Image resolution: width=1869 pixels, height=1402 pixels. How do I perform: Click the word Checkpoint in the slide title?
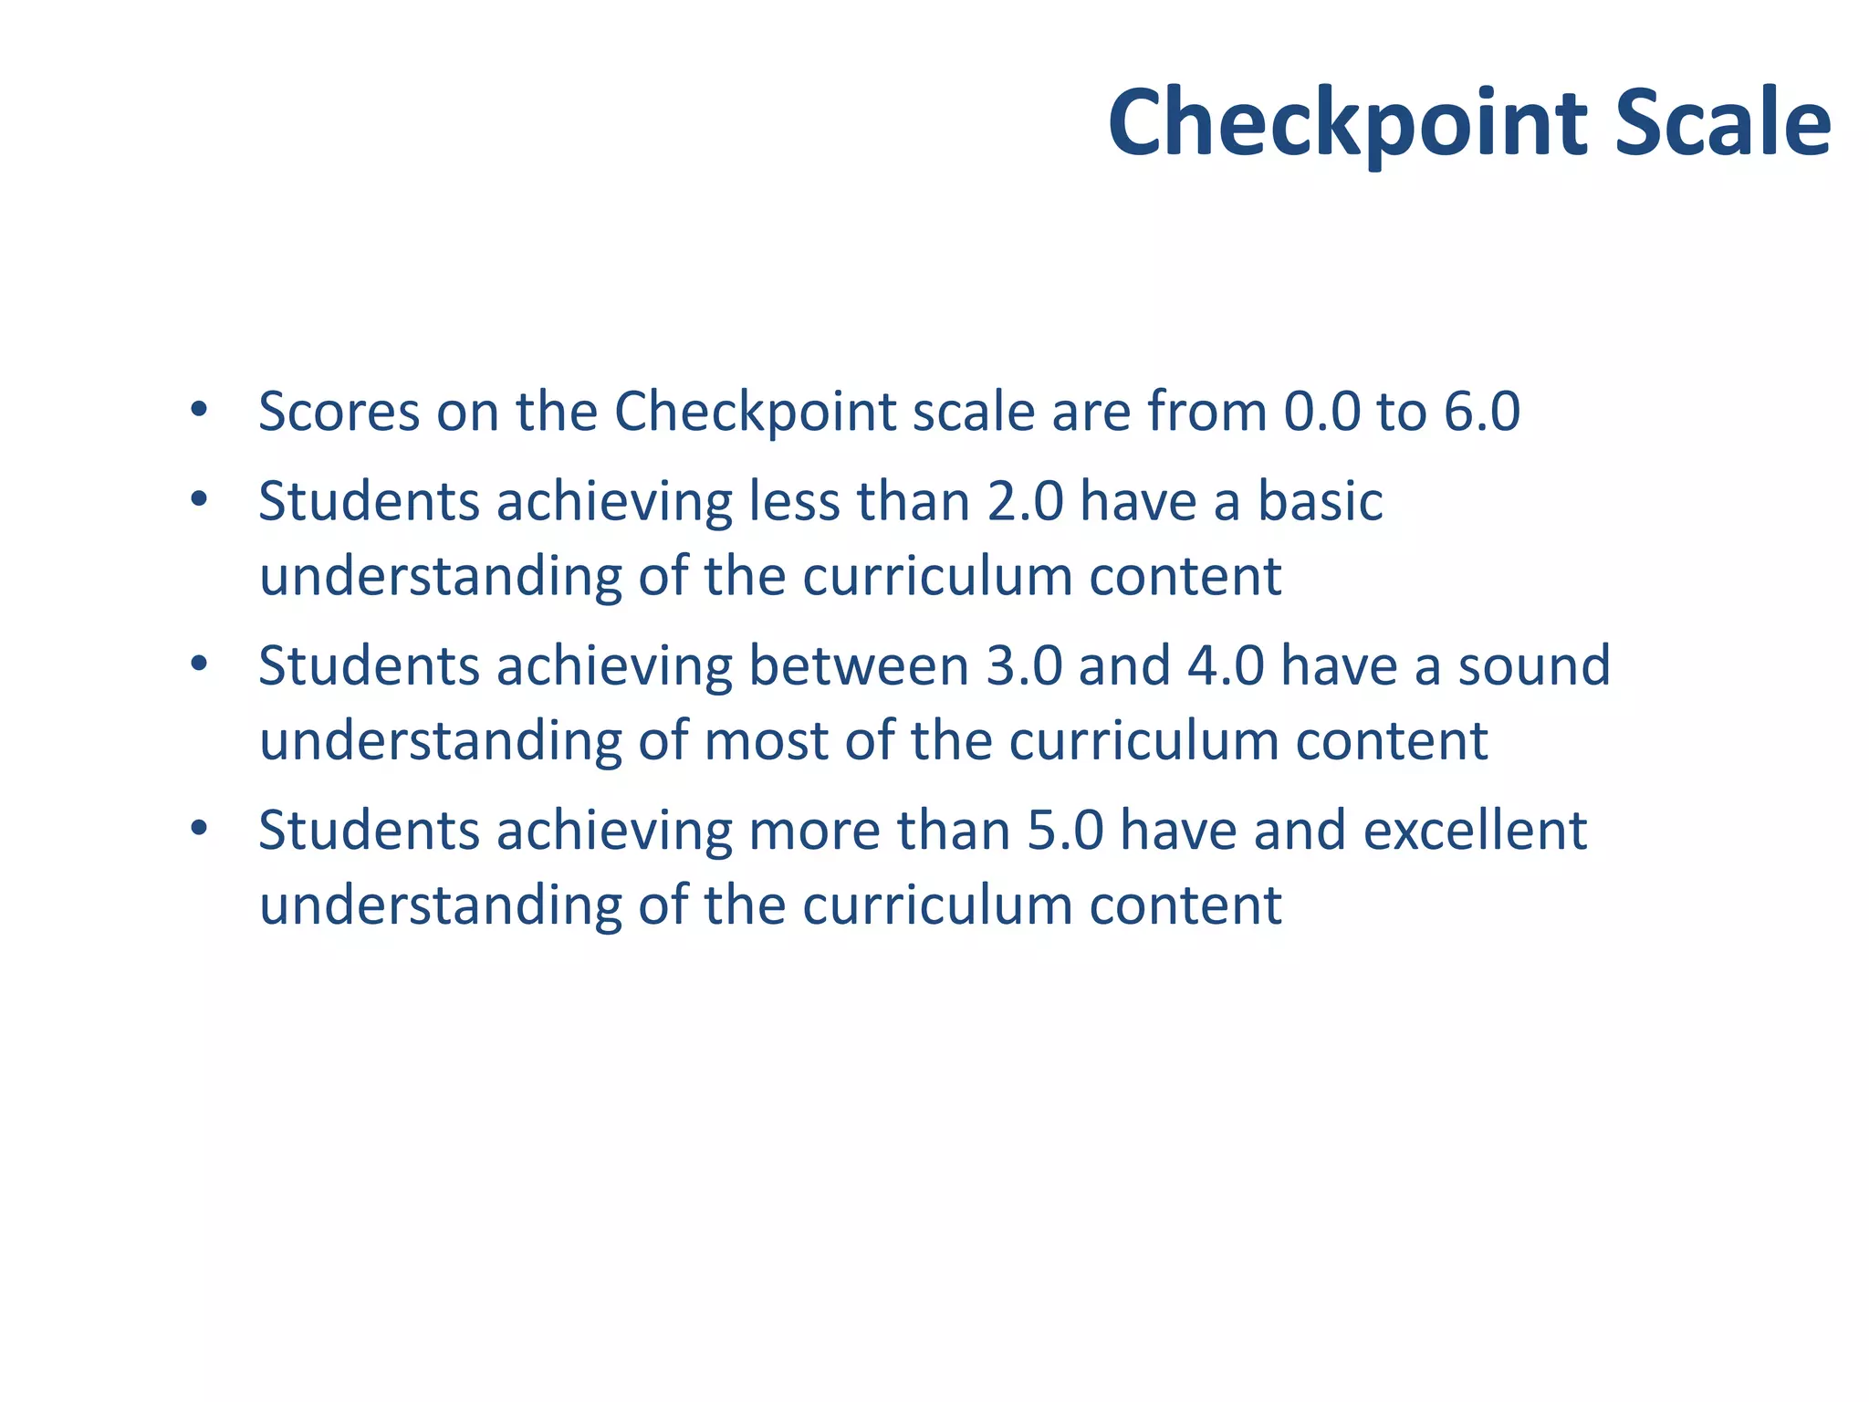[x=1350, y=123]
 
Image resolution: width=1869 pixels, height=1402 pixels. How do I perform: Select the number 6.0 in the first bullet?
[x=1482, y=412]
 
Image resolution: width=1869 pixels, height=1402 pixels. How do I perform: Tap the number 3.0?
[x=1025, y=665]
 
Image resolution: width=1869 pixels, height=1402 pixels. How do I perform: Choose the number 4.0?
[x=1226, y=665]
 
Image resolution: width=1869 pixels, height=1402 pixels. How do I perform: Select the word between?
[x=858, y=665]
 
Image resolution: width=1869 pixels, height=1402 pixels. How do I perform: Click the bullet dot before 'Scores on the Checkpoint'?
[x=199, y=410]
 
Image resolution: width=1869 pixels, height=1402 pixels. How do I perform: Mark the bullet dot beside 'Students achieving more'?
[x=199, y=829]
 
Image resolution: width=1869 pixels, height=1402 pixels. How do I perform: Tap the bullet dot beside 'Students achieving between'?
[x=199, y=664]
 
